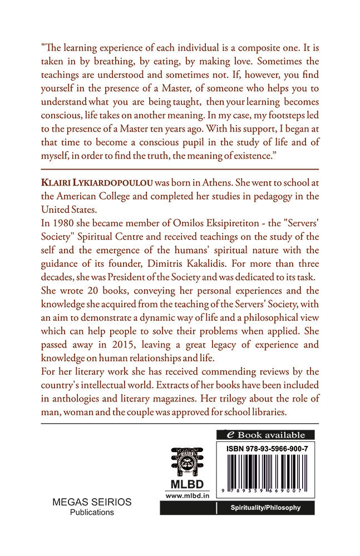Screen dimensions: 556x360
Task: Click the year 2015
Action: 129,345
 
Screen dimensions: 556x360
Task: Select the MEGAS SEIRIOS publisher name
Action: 92,502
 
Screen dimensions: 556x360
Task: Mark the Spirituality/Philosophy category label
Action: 265,508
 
